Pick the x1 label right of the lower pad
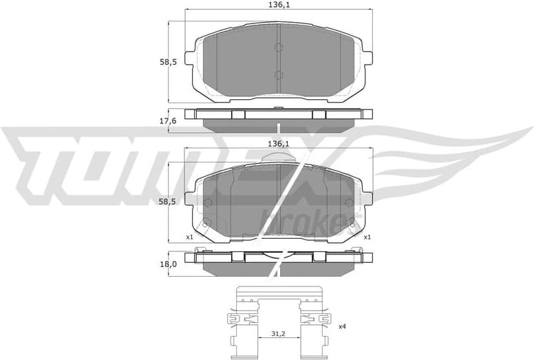pyautogui.click(x=367, y=237)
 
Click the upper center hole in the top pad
pyautogui.click(x=278, y=47)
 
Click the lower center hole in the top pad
pyautogui.click(x=278, y=75)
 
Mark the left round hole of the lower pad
pyautogui.click(x=208, y=202)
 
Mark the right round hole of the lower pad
pyautogui.click(x=348, y=202)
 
